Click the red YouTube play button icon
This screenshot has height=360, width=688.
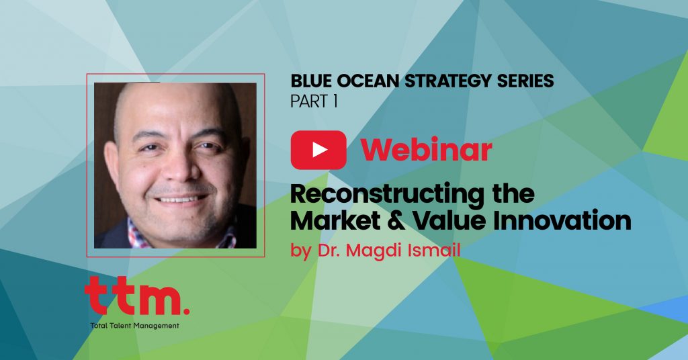click(318, 150)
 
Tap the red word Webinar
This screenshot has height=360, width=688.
click(426, 150)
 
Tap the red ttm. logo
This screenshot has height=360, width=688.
click(137, 296)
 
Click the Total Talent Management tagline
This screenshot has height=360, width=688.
click(134, 326)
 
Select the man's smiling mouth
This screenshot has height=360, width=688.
click(181, 199)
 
